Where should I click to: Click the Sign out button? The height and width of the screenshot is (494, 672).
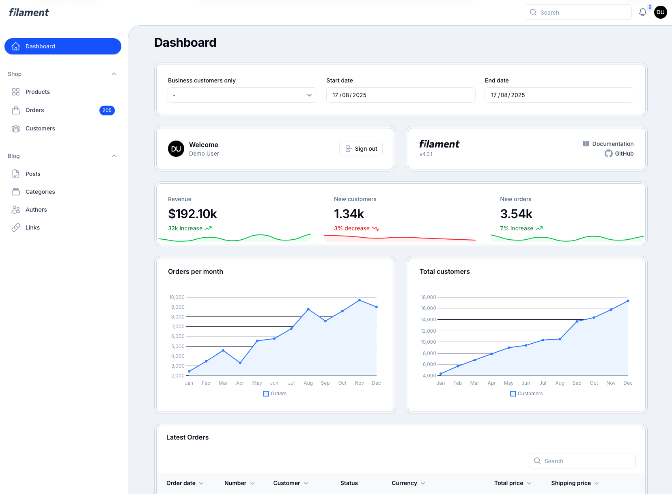point(361,149)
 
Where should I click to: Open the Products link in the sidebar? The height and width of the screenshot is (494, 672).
point(37,92)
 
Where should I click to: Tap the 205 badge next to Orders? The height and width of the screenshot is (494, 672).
point(107,110)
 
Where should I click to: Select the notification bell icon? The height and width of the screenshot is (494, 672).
point(642,13)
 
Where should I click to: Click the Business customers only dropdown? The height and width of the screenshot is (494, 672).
point(242,95)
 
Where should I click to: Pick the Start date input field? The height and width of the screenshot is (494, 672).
point(401,95)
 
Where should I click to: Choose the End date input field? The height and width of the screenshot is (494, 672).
point(559,95)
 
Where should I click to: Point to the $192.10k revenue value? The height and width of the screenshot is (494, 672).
point(192,214)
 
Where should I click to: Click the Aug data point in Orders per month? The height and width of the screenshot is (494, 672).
point(308,309)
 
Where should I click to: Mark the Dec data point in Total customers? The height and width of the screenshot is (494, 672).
point(628,301)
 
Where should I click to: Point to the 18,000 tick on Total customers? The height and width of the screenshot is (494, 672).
point(428,297)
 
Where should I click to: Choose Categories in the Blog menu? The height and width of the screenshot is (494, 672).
point(40,192)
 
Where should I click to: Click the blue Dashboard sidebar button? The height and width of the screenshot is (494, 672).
point(63,46)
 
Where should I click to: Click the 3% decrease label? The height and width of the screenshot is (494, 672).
point(352,228)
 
